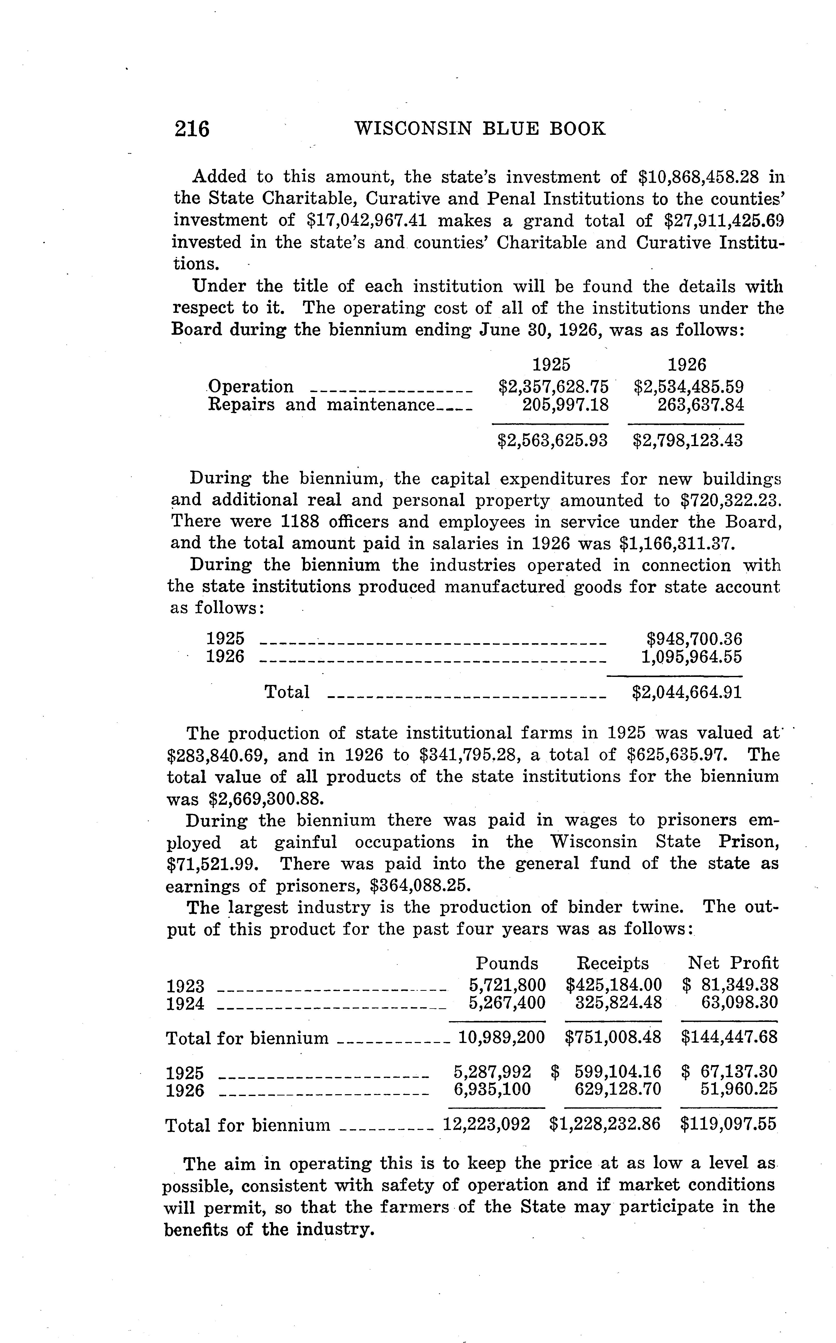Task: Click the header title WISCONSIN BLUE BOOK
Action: pos(479,129)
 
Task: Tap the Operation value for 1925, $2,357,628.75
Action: pos(553,386)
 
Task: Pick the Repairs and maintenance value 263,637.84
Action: pos(701,405)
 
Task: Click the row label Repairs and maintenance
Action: pos(321,405)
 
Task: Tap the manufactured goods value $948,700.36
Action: pos(694,639)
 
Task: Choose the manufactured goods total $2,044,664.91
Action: pos(687,692)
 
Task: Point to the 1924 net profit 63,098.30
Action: pos(739,1002)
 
